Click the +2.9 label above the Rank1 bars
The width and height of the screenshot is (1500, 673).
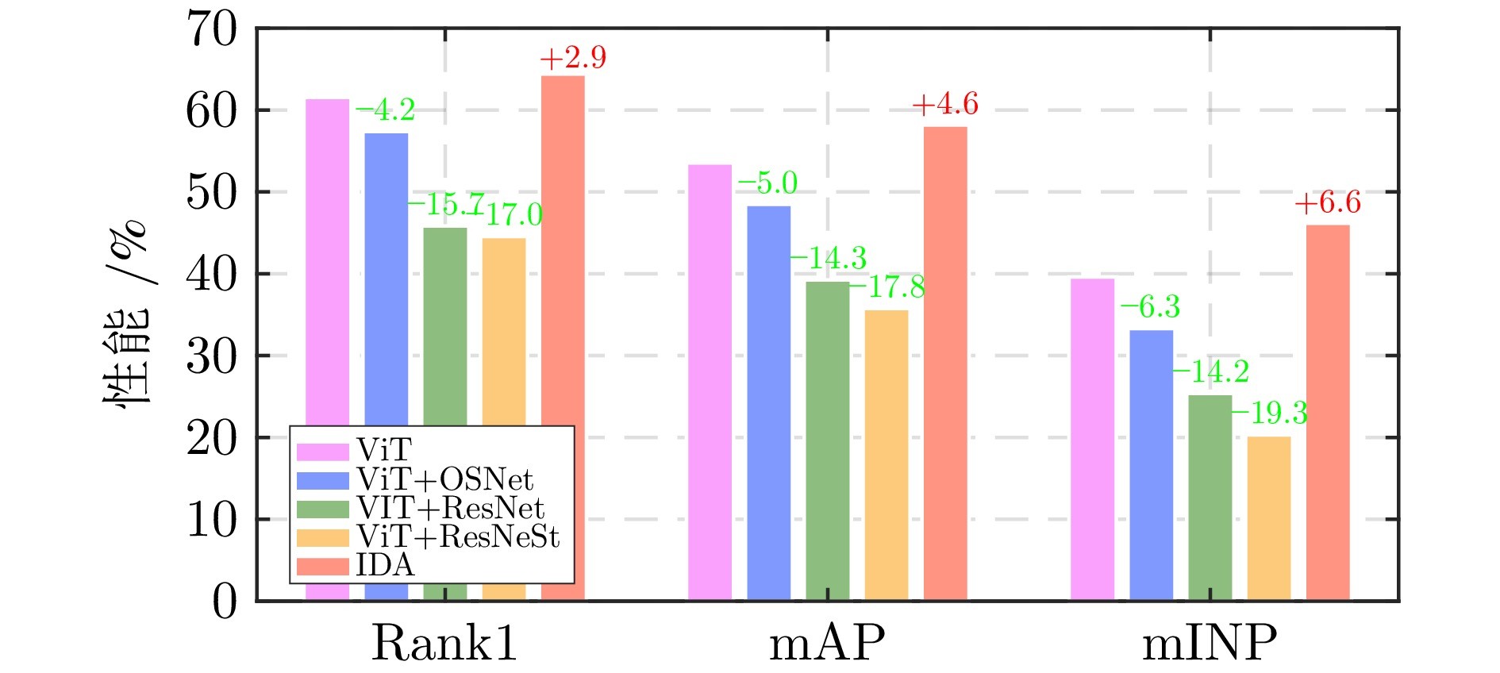pos(572,58)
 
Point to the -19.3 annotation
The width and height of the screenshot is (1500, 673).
pos(1269,413)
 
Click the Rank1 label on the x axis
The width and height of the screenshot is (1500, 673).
pos(444,643)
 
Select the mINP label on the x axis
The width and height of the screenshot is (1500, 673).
pos(1210,643)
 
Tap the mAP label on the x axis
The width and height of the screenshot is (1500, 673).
pos(827,643)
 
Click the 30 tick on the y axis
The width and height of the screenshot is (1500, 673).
pos(212,357)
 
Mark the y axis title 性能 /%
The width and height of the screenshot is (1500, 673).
pos(127,313)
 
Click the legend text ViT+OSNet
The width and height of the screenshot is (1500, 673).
pos(444,479)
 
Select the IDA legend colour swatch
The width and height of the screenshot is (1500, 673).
pos(322,566)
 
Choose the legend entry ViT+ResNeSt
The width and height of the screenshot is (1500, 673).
pos(458,537)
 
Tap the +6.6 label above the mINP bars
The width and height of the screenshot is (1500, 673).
pos(1327,203)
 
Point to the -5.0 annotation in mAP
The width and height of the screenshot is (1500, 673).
pos(767,183)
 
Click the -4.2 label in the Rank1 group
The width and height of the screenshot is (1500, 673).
pos(385,111)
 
